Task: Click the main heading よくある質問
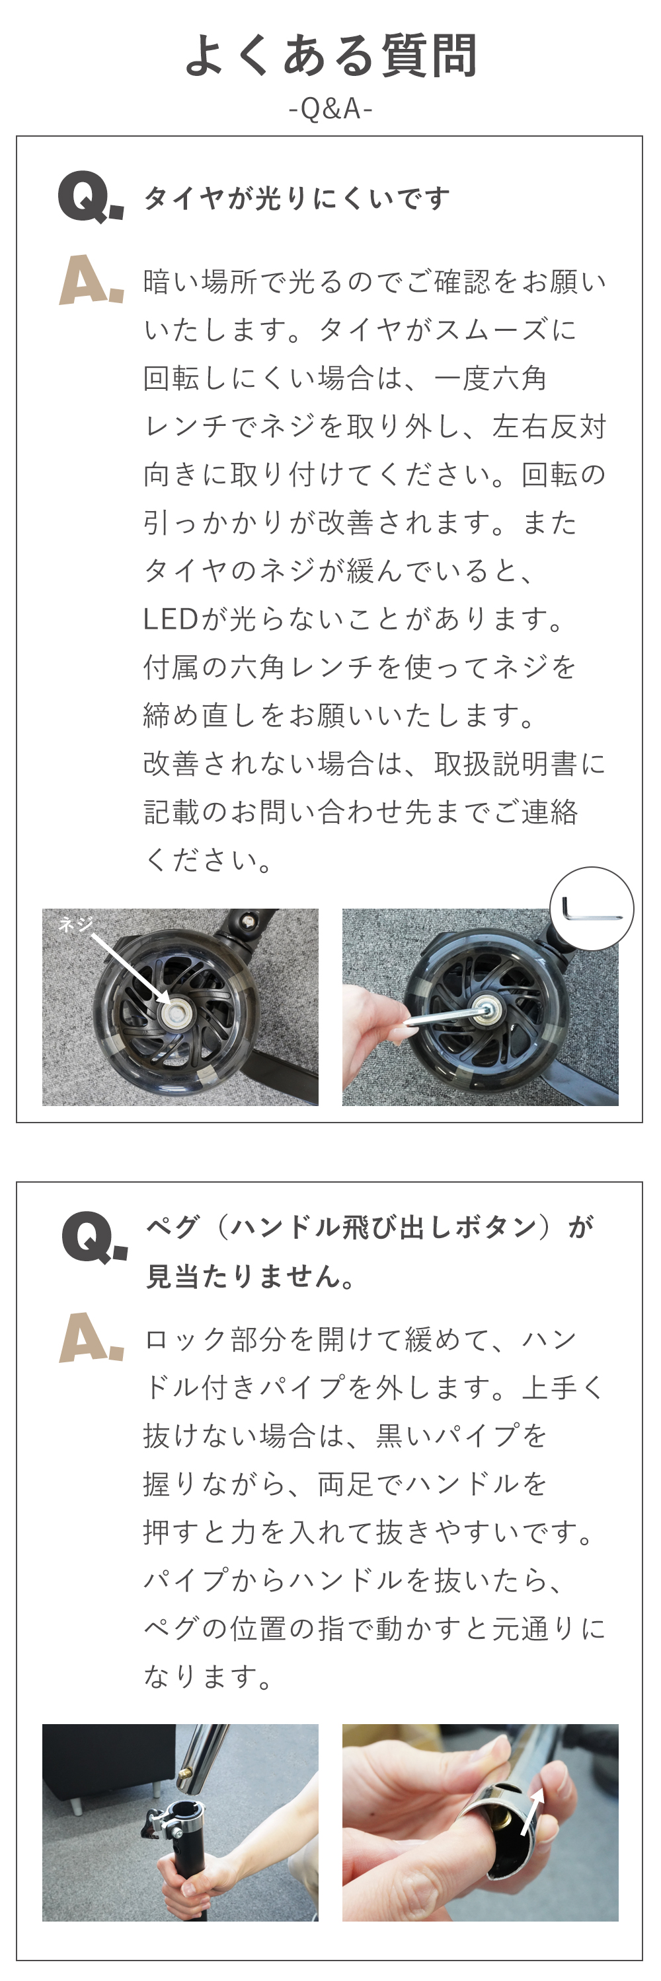[x=331, y=55]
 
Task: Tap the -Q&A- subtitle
[x=331, y=109]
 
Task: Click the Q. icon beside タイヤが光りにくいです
[x=91, y=197]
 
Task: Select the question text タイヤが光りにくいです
[x=296, y=198]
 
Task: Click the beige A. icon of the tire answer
[x=91, y=281]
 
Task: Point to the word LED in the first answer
[x=171, y=618]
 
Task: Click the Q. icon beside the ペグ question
[x=94, y=1237]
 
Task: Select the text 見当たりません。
[x=251, y=1276]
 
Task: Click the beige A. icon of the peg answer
[x=91, y=1338]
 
